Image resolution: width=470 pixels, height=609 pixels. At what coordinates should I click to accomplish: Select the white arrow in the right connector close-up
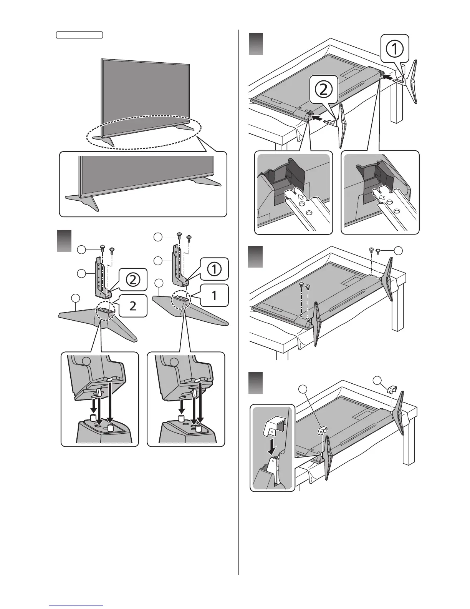point(381,198)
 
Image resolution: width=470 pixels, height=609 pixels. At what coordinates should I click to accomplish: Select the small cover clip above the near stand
point(322,431)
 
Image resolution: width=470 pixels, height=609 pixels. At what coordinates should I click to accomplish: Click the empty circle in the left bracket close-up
point(87,361)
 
